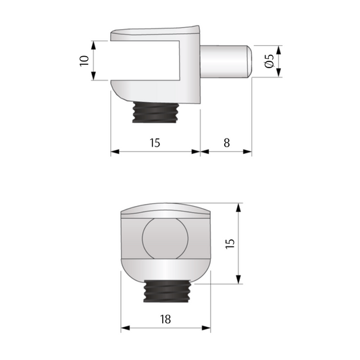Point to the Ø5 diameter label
coord(269,61)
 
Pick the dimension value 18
coord(165,319)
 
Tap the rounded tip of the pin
coord(249,59)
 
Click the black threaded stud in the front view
coord(165,290)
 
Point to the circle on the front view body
coord(163,238)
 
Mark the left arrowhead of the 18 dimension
coord(125,330)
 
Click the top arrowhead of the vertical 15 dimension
coord(238,205)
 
